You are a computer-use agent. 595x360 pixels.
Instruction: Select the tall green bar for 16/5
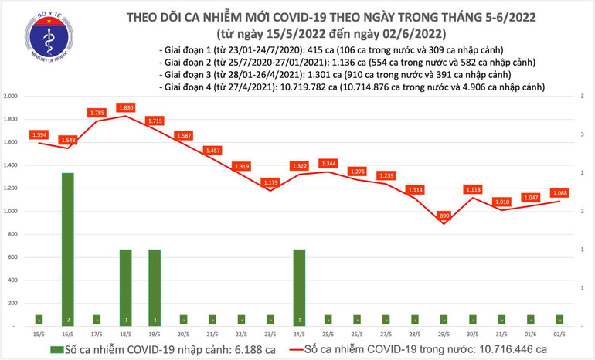click(68, 247)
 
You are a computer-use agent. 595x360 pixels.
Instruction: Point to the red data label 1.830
click(126, 108)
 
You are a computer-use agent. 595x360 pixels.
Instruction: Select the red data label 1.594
click(39, 134)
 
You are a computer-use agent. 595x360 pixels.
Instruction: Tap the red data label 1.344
click(328, 164)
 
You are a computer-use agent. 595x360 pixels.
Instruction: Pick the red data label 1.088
click(559, 193)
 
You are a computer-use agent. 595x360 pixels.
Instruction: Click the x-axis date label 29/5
click(444, 333)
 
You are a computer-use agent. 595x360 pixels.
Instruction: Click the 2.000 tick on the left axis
click(11, 97)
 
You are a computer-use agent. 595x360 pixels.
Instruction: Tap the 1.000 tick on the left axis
click(11, 211)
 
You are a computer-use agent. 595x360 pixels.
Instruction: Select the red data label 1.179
click(270, 182)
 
